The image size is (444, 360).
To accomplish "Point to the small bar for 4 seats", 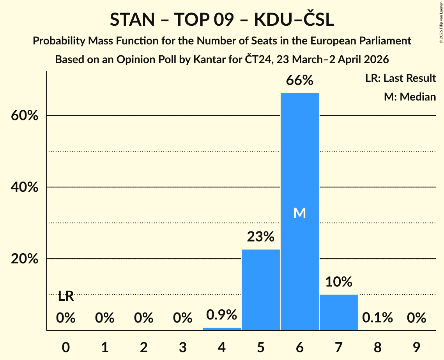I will [x=222, y=329].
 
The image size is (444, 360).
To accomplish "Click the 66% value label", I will [x=299, y=81].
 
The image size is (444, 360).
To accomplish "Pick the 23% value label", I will [x=261, y=236].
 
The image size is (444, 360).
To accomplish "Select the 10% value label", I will [x=338, y=282].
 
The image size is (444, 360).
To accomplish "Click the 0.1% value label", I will [x=377, y=318].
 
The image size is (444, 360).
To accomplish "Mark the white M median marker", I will [x=299, y=213].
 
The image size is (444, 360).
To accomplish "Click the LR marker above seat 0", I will [x=66, y=296].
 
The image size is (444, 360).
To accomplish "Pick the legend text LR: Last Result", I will [x=400, y=78].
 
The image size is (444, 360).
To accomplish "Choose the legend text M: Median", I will [x=410, y=97].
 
